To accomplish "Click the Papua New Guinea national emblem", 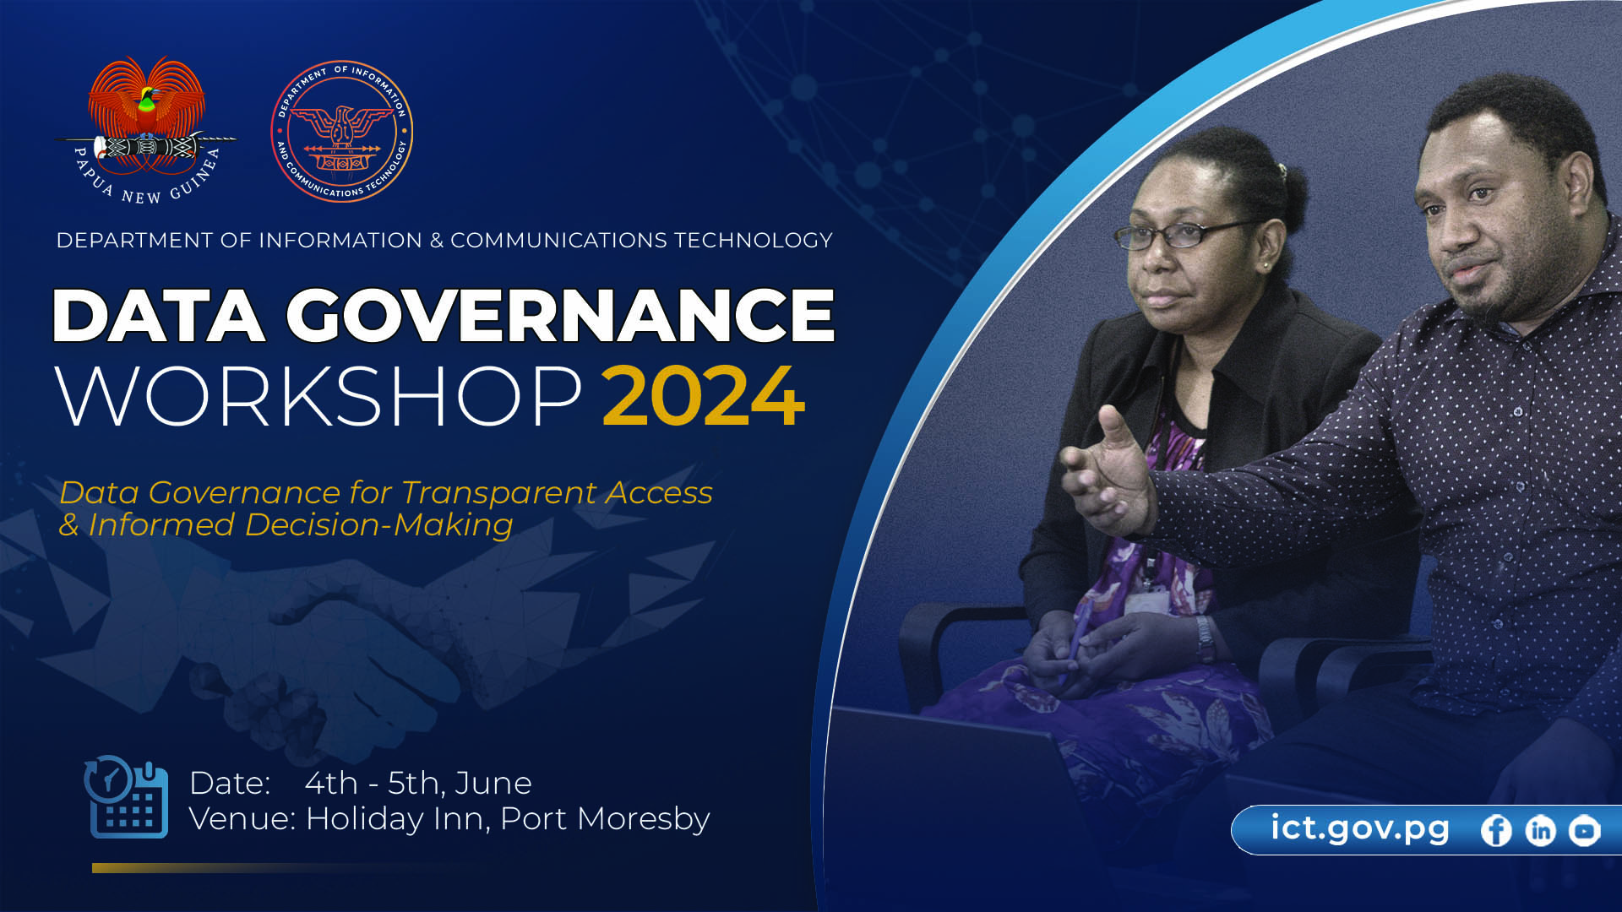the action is pyautogui.click(x=145, y=130).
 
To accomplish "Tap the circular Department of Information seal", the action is pyautogui.click(x=342, y=131).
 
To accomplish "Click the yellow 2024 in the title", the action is pyautogui.click(x=703, y=396).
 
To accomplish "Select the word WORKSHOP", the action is pyautogui.click(x=318, y=396).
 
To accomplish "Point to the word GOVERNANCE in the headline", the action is pyautogui.click(x=560, y=315).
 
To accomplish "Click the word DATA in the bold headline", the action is pyautogui.click(x=159, y=315).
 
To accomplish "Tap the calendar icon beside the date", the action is pyautogui.click(x=126, y=797).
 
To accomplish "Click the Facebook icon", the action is pyautogui.click(x=1496, y=831).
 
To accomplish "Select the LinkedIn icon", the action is pyautogui.click(x=1540, y=831).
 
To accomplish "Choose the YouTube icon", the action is pyautogui.click(x=1585, y=831).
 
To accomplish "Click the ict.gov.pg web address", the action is pyautogui.click(x=1359, y=828).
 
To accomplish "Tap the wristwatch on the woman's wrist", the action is pyautogui.click(x=1205, y=639).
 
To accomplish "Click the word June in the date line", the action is pyautogui.click(x=493, y=784).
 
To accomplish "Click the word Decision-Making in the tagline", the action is pyautogui.click(x=378, y=525).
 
